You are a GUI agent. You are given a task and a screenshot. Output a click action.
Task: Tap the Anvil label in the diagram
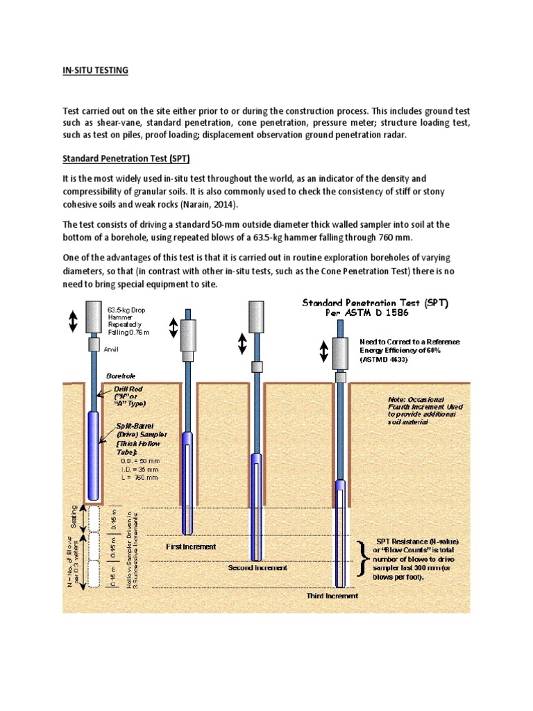click(112, 350)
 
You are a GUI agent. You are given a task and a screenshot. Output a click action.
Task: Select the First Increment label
click(191, 546)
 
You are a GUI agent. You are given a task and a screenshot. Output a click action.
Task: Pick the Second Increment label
click(257, 567)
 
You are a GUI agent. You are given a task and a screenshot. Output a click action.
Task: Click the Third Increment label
click(332, 595)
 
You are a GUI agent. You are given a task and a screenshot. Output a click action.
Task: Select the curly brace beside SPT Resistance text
click(362, 559)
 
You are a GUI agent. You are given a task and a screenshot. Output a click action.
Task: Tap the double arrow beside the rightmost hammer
click(323, 352)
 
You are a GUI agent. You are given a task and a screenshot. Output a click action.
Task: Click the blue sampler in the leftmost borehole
click(94, 455)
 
